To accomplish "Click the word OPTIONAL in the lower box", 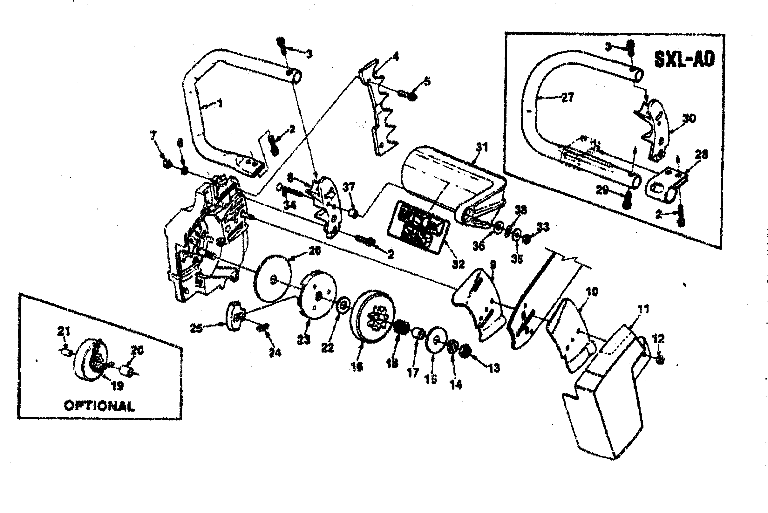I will (x=99, y=406).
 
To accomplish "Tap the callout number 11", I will (x=643, y=309).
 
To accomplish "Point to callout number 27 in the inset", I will (x=568, y=98).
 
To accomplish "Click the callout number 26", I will (x=314, y=251).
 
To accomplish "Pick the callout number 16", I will (x=357, y=367).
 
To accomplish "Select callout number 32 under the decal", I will (x=458, y=264).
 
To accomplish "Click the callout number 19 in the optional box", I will (x=118, y=386).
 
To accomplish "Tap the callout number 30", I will (x=689, y=119).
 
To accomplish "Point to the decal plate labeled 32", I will (x=418, y=226).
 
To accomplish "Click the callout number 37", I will (x=349, y=188).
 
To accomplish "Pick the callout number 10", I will (x=592, y=291).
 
